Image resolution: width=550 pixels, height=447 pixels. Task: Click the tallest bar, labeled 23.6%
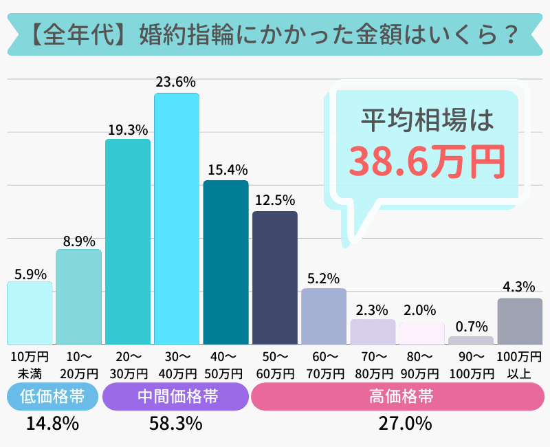pyautogui.click(x=177, y=219)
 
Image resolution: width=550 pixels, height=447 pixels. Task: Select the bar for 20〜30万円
pyautogui.click(x=127, y=241)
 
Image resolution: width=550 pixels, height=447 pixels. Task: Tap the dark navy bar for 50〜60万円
pyautogui.click(x=275, y=278)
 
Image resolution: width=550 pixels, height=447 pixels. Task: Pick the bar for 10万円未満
pyautogui.click(x=30, y=313)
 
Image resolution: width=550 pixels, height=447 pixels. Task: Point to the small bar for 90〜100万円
pyautogui.click(x=471, y=340)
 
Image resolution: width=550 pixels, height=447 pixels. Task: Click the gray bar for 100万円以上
pyautogui.click(x=520, y=321)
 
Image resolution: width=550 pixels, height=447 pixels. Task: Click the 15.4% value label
pyautogui.click(x=225, y=169)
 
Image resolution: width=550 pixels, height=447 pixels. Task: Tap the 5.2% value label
pyautogui.click(x=324, y=279)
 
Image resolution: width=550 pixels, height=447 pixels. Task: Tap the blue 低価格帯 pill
pyautogui.click(x=52, y=397)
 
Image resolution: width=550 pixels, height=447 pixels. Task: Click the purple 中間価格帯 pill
pyautogui.click(x=175, y=397)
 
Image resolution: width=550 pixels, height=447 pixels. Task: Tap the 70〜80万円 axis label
pyautogui.click(x=373, y=365)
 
